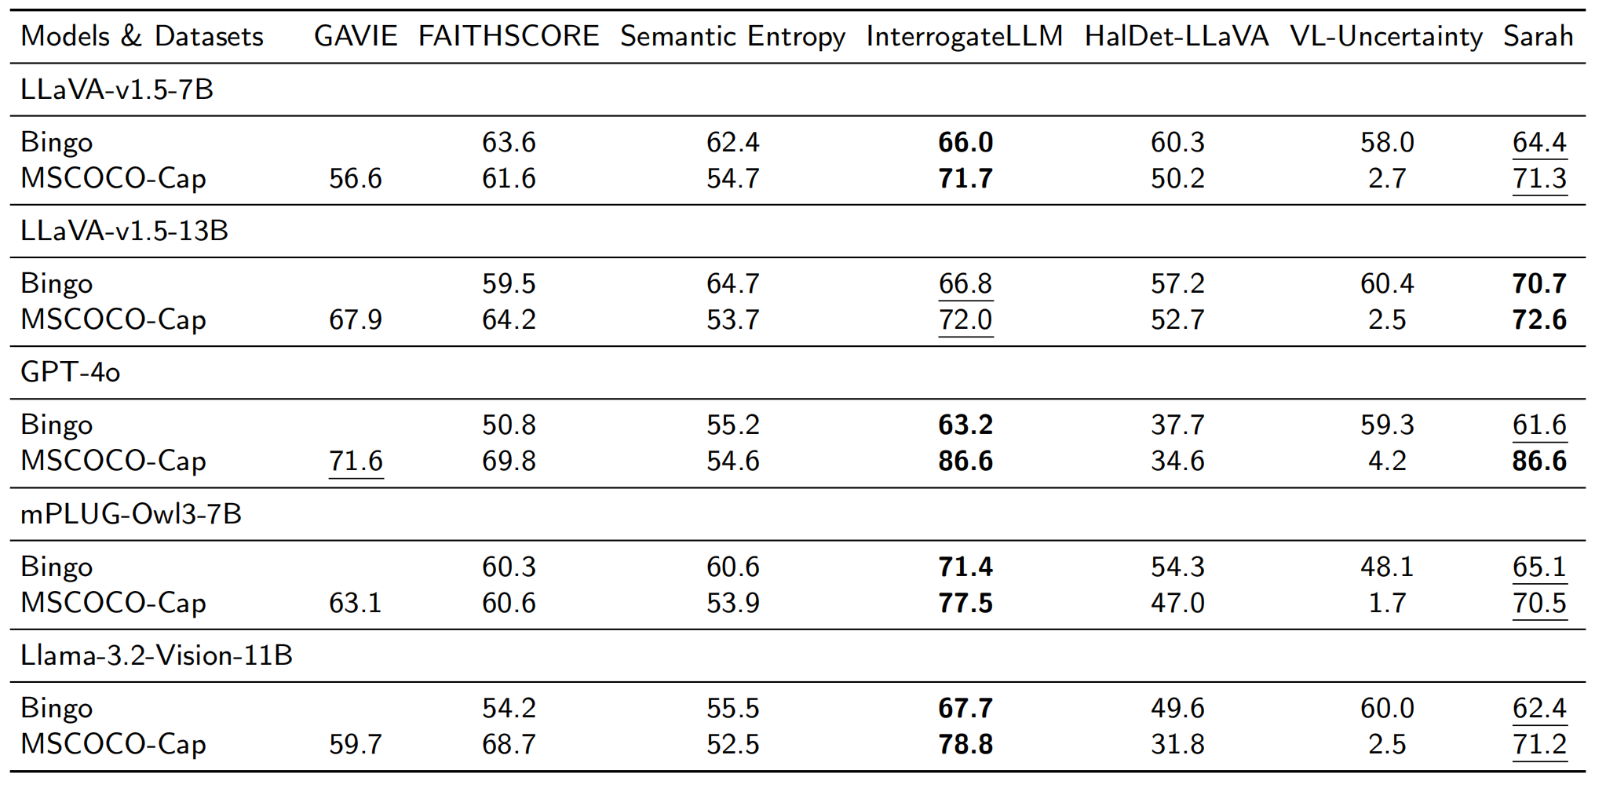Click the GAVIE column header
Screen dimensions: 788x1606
click(x=356, y=36)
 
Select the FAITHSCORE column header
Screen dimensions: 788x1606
click(x=509, y=36)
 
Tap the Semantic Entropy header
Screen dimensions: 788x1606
click(x=732, y=36)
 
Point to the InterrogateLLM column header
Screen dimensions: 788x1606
click(x=965, y=36)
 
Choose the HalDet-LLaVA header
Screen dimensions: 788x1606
click(x=1177, y=36)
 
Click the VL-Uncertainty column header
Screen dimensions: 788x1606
click(x=1386, y=36)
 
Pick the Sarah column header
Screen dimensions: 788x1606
click(x=1538, y=36)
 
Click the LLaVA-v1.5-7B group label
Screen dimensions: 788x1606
click(x=117, y=89)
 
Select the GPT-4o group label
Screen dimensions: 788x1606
click(x=71, y=372)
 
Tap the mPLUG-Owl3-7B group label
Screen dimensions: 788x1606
click(x=131, y=514)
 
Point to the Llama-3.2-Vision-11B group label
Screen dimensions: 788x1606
click(x=156, y=655)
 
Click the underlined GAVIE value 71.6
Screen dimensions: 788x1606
click(x=356, y=461)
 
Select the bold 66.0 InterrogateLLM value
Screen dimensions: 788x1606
click(x=965, y=142)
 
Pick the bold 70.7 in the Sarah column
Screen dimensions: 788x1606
click(x=1539, y=283)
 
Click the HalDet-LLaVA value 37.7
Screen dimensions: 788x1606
click(x=1177, y=425)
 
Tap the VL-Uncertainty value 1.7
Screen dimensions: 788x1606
click(x=1387, y=603)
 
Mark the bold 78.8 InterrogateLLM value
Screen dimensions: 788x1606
click(x=965, y=744)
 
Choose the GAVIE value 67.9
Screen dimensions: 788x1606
click(x=356, y=319)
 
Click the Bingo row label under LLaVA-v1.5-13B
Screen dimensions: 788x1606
click(x=57, y=283)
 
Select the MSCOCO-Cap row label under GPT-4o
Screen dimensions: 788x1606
click(x=113, y=461)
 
